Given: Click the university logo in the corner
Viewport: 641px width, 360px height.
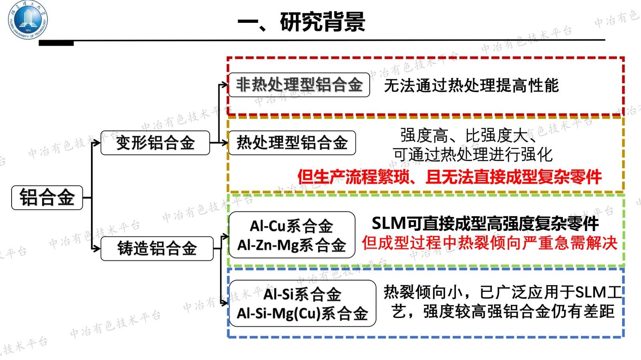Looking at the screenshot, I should tap(28, 20).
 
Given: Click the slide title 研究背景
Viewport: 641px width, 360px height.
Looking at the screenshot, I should tap(322, 22).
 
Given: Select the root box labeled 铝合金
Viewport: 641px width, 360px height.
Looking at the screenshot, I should tap(47, 197).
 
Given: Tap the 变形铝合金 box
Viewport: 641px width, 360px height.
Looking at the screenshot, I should tap(155, 143).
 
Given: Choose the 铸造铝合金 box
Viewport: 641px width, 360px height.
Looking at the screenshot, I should tap(157, 248).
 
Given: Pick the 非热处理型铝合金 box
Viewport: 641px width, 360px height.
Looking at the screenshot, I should tap(299, 85).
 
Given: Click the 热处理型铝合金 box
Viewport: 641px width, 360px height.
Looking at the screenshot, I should tap(292, 143).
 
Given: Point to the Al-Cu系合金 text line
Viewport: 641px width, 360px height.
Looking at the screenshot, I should tap(291, 226).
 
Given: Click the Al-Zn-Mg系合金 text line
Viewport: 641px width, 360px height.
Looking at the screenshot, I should tap(291, 245).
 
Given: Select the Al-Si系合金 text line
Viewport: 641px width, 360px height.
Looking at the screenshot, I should tap(302, 295).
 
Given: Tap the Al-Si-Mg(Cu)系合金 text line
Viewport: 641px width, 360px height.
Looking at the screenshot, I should tap(302, 314).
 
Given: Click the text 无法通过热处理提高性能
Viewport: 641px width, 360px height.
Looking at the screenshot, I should tap(471, 85).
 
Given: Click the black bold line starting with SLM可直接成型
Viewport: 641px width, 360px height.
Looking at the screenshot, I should tap(485, 223).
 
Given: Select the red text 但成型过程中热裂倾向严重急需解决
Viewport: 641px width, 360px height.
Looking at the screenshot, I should tap(489, 243).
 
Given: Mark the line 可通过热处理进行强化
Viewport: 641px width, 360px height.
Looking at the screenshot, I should tap(472, 155).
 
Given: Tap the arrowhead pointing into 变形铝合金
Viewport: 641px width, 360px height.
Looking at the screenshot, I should tap(97, 143).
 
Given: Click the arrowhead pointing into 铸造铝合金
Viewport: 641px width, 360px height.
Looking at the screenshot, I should tap(97, 249).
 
